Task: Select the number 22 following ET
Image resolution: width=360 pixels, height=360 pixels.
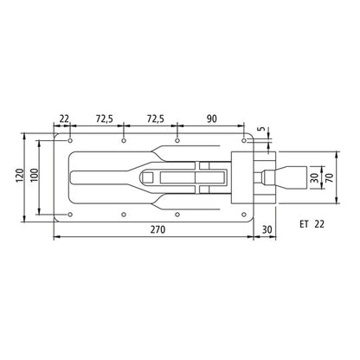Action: (x=320, y=224)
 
